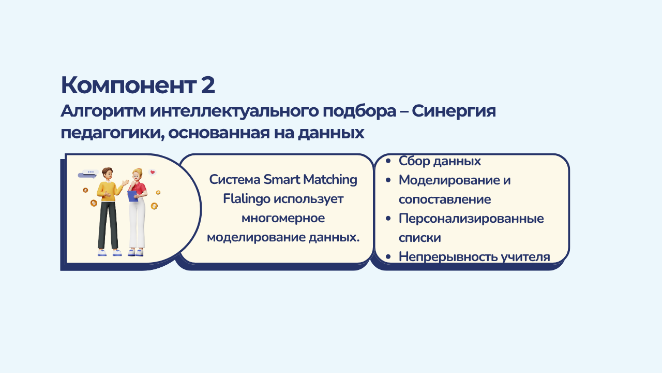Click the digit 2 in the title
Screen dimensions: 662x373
click(208, 85)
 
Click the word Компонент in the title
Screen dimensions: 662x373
click(129, 85)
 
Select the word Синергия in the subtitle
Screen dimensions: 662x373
click(454, 111)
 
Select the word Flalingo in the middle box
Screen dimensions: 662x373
click(247, 199)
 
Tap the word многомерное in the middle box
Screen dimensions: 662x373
click(283, 218)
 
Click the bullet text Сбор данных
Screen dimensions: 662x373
click(440, 161)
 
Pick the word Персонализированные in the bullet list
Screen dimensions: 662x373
click(471, 219)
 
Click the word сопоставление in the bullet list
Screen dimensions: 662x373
click(445, 199)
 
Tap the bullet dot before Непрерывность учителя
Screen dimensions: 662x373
click(388, 257)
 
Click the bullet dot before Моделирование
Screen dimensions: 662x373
click(388, 180)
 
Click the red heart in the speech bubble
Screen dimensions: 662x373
click(153, 172)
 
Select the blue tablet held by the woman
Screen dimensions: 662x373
click(132, 196)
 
